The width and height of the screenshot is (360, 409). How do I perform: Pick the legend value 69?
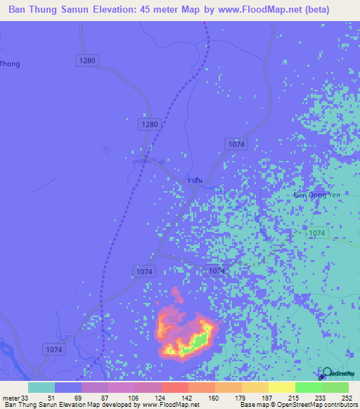pyautogui.click(x=88, y=398)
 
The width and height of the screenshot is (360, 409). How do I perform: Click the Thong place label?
pyautogui.click(x=10, y=64)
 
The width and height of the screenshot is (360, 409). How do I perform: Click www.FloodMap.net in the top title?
pyautogui.click(x=255, y=10)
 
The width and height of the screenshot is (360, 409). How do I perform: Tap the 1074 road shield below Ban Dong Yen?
pyautogui.click(x=317, y=233)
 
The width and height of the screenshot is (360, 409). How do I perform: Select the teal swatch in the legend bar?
pyautogui.click(x=41, y=387)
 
